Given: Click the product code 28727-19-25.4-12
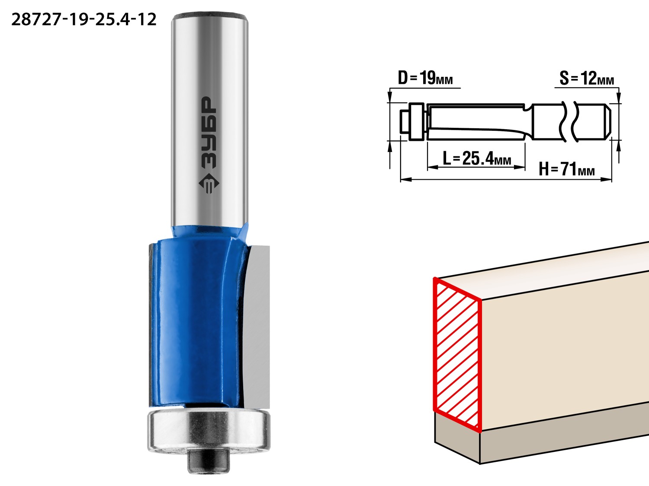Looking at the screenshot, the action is pyautogui.click(x=84, y=20).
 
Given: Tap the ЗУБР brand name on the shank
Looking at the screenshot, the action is pyautogui.click(x=209, y=133).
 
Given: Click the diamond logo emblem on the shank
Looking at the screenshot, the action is pyautogui.click(x=209, y=183).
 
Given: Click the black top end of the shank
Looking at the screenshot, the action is pyautogui.click(x=210, y=16).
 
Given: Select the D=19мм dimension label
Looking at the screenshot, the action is pyautogui.click(x=425, y=78).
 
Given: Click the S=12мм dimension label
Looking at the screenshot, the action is pyautogui.click(x=587, y=79).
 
